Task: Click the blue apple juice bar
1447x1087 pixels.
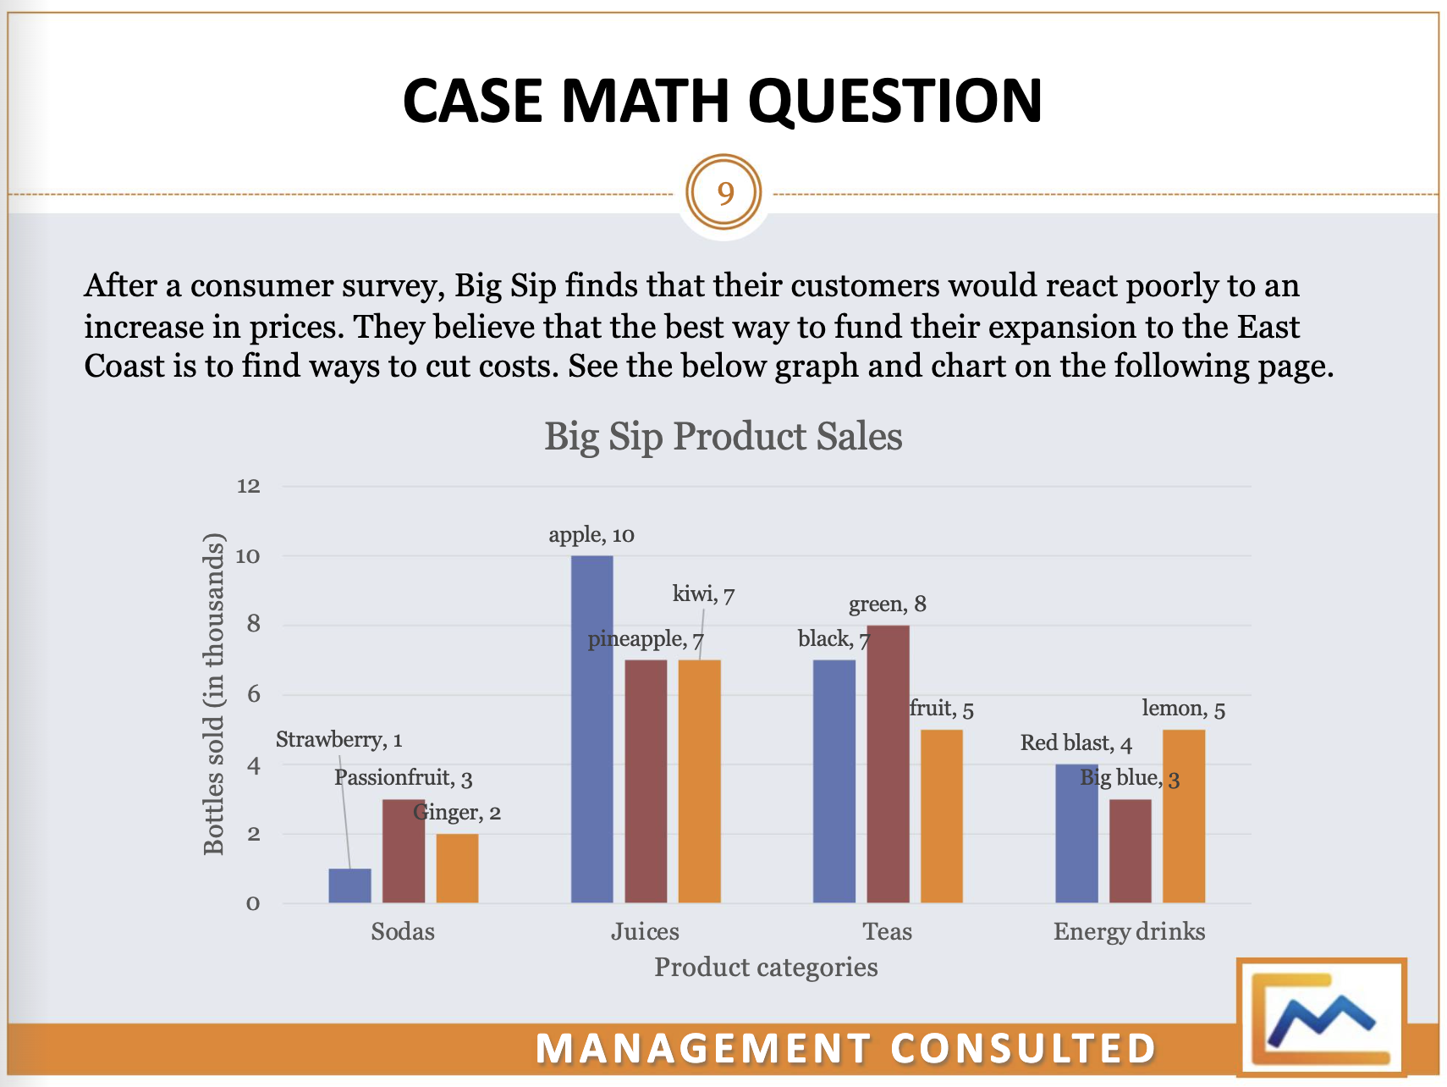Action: pos(591,728)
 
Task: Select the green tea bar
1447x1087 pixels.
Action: pos(888,762)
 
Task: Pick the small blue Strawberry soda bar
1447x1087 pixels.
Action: pos(349,885)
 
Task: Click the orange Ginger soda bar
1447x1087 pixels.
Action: pos(457,868)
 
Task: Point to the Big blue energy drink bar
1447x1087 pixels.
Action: pos(1130,850)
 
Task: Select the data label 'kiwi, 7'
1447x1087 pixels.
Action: pos(703,594)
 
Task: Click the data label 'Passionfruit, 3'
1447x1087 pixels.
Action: pos(403,777)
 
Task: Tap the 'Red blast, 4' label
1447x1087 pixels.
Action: pos(1076,743)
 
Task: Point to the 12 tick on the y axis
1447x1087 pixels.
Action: pos(249,486)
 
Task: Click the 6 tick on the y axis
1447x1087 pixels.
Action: pos(252,695)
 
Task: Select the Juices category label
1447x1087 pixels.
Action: pos(645,931)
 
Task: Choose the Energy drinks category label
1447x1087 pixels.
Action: pos(1129,931)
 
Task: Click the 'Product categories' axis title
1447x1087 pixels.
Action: pos(766,967)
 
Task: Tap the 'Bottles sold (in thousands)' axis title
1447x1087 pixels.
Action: pos(214,694)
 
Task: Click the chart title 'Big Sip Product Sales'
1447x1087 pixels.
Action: pos(723,437)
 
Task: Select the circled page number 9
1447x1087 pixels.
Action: pos(724,193)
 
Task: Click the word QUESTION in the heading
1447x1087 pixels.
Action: pos(895,101)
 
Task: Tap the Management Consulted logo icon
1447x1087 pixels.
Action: pos(1321,1016)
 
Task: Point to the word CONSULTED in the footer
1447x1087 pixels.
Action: pos(1023,1048)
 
